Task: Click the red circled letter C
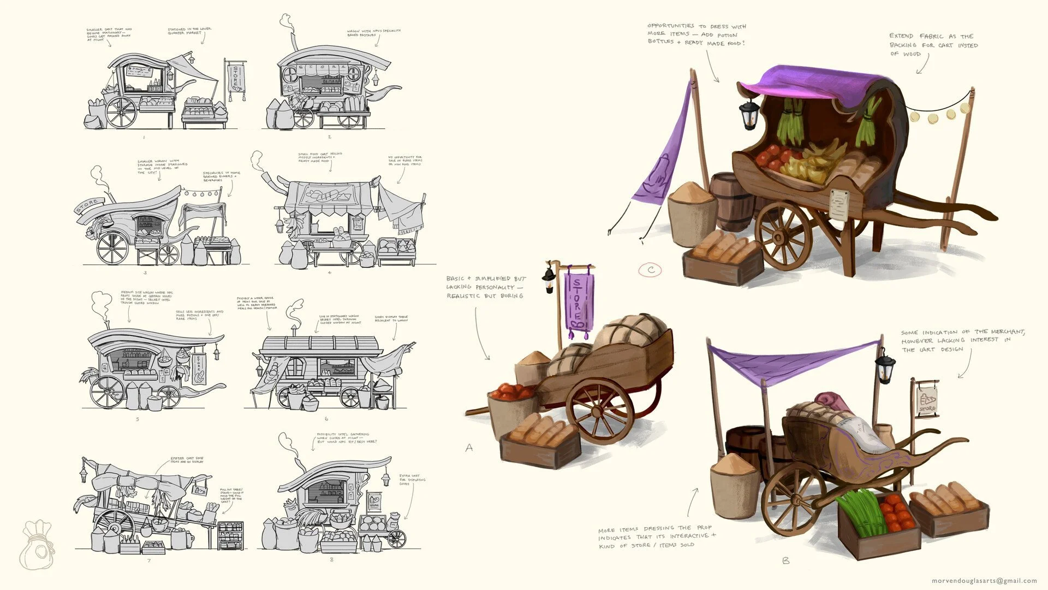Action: coord(651,269)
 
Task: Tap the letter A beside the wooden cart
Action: coord(469,448)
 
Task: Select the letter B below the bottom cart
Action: coord(785,560)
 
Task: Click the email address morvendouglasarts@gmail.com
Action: coord(984,581)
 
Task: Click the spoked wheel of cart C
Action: coord(784,235)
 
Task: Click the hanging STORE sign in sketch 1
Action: coord(236,80)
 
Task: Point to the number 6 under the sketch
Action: coord(326,419)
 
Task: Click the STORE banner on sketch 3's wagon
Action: coord(90,206)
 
